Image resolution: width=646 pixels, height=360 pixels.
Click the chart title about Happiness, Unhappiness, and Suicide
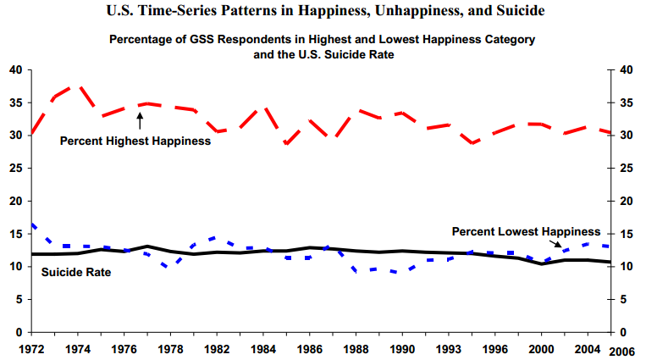[x=323, y=10]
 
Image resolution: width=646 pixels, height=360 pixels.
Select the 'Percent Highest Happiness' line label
[x=135, y=141]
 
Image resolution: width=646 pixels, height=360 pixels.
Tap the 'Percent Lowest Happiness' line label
[x=526, y=231]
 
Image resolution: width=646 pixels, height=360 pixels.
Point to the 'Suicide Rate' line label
[x=76, y=272]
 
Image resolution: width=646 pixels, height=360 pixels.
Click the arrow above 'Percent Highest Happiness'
[x=140, y=124]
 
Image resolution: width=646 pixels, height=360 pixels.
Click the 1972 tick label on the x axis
[x=31, y=347]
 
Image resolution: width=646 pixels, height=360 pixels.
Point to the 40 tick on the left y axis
[x=16, y=69]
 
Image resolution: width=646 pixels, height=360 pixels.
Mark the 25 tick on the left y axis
[x=16, y=168]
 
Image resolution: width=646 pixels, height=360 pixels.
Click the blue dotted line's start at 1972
[x=32, y=224]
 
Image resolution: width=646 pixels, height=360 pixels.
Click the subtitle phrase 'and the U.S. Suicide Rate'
[x=322, y=54]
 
